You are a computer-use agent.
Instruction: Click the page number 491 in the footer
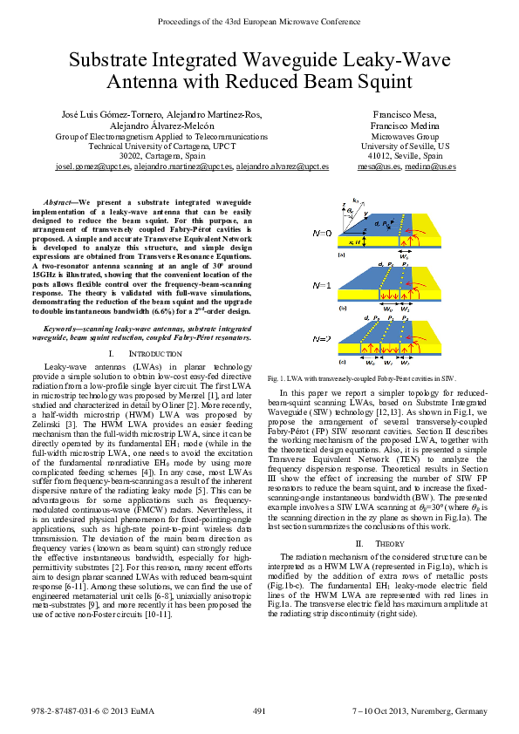click(259, 712)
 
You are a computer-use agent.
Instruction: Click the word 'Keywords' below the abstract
click(62, 328)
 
